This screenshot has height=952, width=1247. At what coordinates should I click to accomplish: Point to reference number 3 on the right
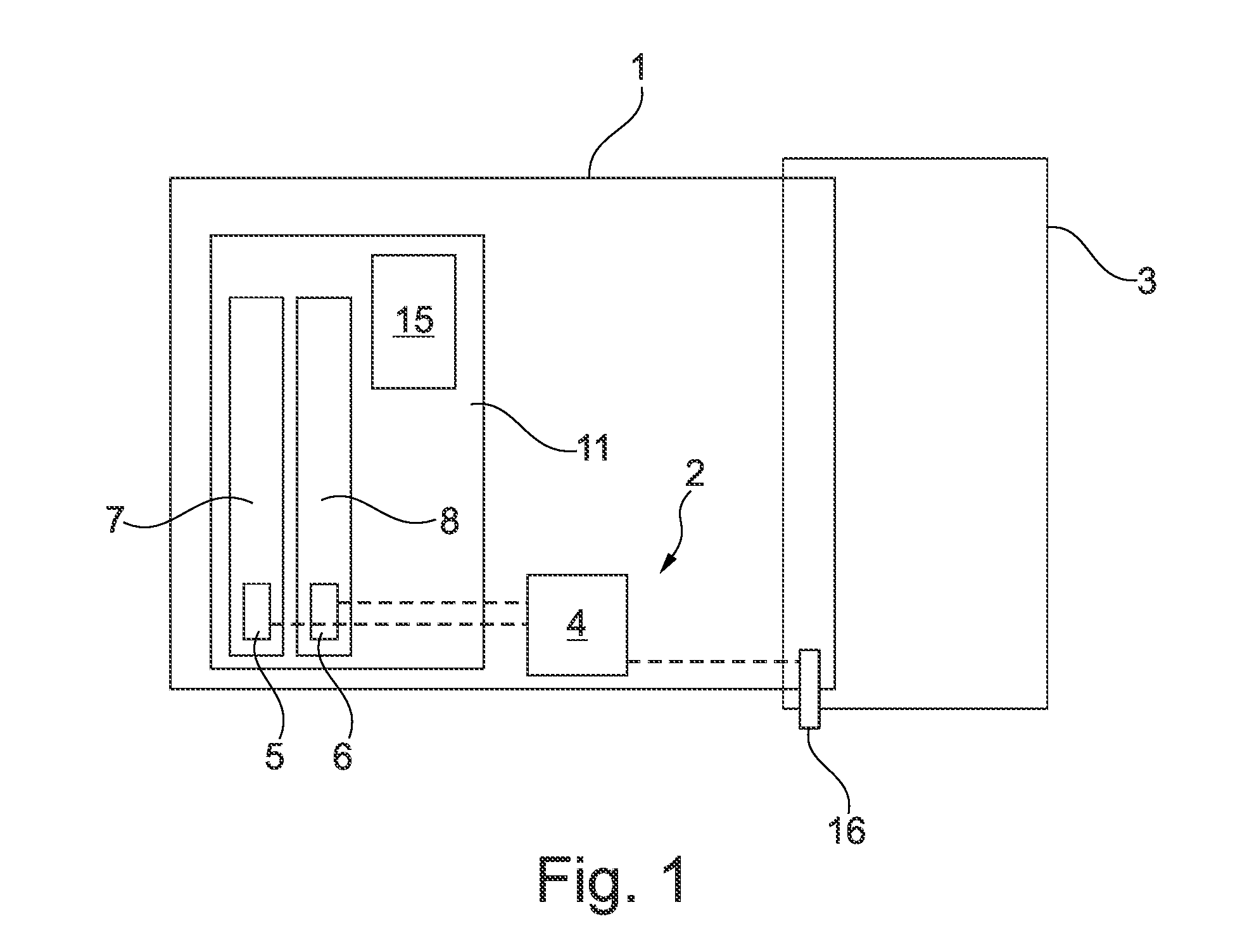(1146, 280)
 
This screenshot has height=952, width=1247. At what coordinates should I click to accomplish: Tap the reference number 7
(115, 519)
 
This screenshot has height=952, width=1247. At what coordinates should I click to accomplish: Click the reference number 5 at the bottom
(275, 755)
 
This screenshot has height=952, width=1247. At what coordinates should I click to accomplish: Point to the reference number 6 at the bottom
(343, 755)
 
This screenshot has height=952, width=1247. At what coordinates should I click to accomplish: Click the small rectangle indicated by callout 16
(809, 689)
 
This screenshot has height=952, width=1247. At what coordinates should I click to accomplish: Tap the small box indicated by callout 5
(257, 611)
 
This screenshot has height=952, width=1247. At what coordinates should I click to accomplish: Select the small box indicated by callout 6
(324, 611)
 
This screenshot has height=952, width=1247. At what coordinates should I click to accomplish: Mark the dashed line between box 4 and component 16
(713, 661)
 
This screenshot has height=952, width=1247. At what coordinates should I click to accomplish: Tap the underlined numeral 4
(576, 626)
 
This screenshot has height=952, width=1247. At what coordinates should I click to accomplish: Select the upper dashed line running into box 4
(432, 602)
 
